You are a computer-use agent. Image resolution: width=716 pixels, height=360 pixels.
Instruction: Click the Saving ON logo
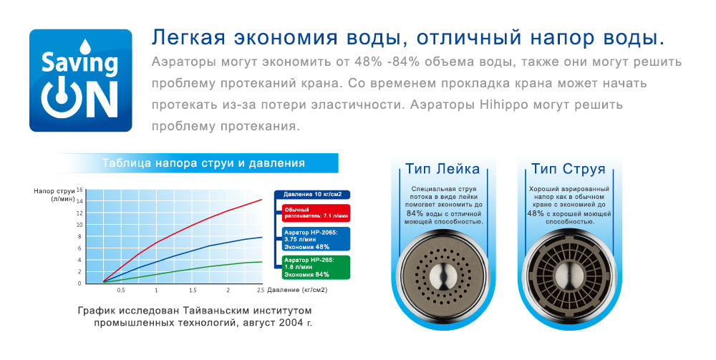pyautogui.click(x=81, y=81)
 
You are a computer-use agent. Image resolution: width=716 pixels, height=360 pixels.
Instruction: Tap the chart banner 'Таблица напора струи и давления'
pyautogui.click(x=203, y=163)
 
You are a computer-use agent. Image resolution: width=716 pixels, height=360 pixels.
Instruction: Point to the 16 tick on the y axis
pyautogui.click(x=79, y=190)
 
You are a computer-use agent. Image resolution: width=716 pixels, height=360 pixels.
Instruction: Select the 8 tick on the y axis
pyautogui.click(x=79, y=236)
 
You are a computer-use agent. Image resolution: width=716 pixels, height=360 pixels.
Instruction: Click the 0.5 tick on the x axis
pyautogui.click(x=121, y=290)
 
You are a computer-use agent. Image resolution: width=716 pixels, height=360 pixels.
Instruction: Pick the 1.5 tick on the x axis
pyautogui.click(x=193, y=290)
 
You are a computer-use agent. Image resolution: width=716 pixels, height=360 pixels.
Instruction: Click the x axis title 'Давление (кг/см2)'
pyautogui.click(x=297, y=290)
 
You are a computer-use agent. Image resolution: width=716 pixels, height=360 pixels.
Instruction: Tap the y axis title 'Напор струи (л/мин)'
pyautogui.click(x=54, y=195)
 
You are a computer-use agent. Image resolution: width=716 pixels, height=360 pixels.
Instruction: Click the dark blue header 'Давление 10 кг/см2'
pyautogui.click(x=312, y=195)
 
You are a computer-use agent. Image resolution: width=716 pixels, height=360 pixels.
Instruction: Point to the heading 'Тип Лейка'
pyautogui.click(x=442, y=169)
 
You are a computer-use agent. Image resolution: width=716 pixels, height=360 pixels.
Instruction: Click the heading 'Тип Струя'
pyautogui.click(x=568, y=169)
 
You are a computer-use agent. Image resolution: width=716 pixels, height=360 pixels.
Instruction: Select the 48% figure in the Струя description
pyautogui.click(x=536, y=213)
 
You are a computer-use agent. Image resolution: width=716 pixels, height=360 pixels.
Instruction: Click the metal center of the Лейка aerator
pyautogui.click(x=442, y=276)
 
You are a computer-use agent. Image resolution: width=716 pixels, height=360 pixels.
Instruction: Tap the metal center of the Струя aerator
pyautogui.click(x=569, y=276)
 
